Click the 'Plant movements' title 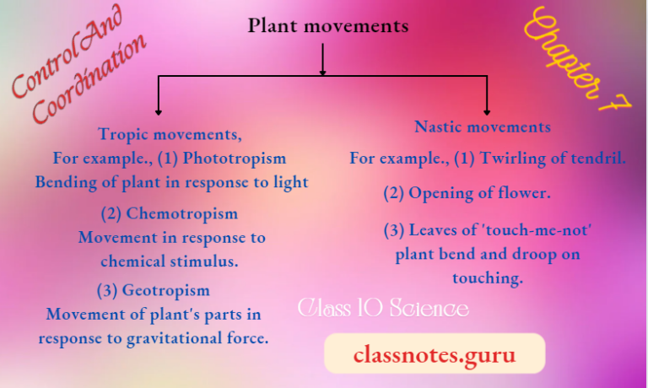click(327, 26)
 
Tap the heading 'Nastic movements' click(483, 127)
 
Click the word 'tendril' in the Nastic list click(597, 158)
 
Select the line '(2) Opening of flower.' click(467, 193)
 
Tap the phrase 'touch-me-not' click(510, 230)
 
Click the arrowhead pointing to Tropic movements click(158, 111)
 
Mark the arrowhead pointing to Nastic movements click(487, 111)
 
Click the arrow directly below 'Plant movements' click(322, 61)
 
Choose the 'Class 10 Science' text click(383, 309)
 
